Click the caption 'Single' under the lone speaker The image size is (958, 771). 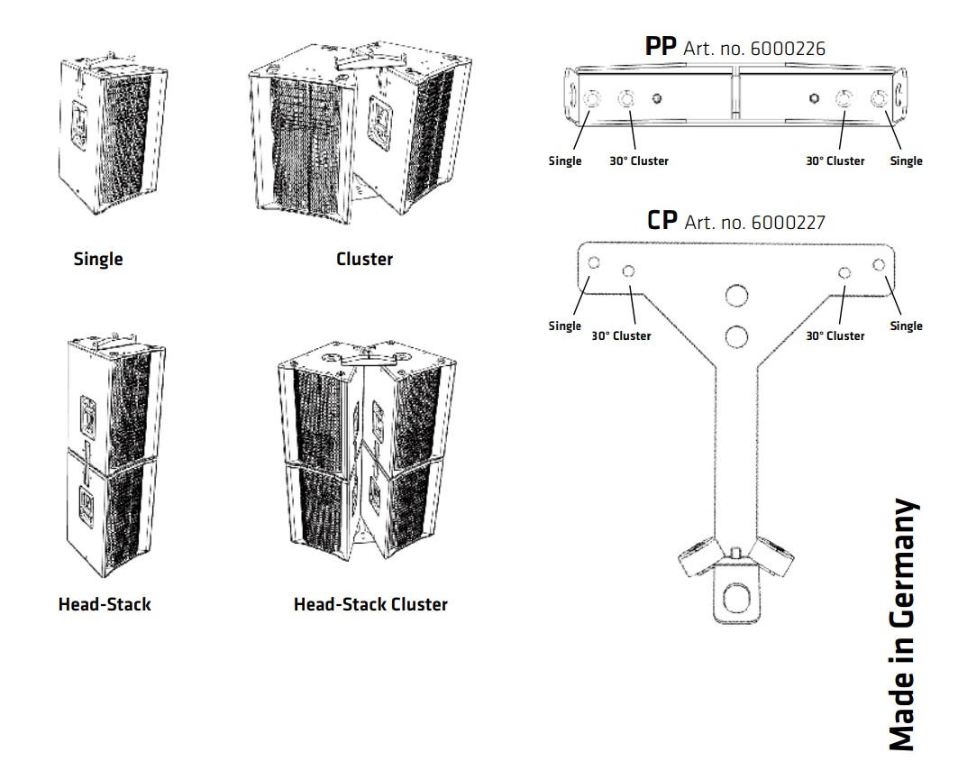point(97,260)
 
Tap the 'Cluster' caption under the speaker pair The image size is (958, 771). point(364,260)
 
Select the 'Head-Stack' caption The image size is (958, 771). point(105,604)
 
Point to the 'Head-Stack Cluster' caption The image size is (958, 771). point(370,604)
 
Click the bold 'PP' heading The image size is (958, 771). point(661,46)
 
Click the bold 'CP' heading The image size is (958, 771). point(662,220)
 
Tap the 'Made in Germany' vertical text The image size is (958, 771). point(903,623)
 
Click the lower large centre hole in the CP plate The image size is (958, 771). point(736,336)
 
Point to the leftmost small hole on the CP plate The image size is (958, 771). point(594,262)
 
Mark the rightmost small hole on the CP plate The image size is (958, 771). point(879,263)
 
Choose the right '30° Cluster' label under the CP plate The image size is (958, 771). point(835,335)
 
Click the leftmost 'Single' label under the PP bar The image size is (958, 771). point(565,161)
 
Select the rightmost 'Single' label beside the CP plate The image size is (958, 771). point(906,326)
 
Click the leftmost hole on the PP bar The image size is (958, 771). point(593,100)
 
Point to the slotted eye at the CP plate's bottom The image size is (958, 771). point(736,595)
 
